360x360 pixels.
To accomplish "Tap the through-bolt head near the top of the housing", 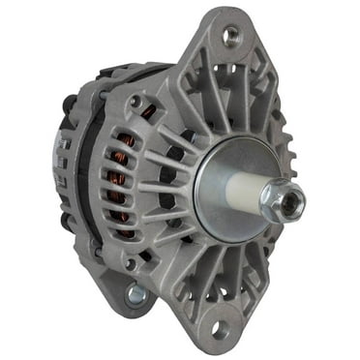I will pyautogui.click(x=135, y=101).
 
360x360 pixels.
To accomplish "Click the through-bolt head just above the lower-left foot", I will pyautogui.click(x=129, y=262).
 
